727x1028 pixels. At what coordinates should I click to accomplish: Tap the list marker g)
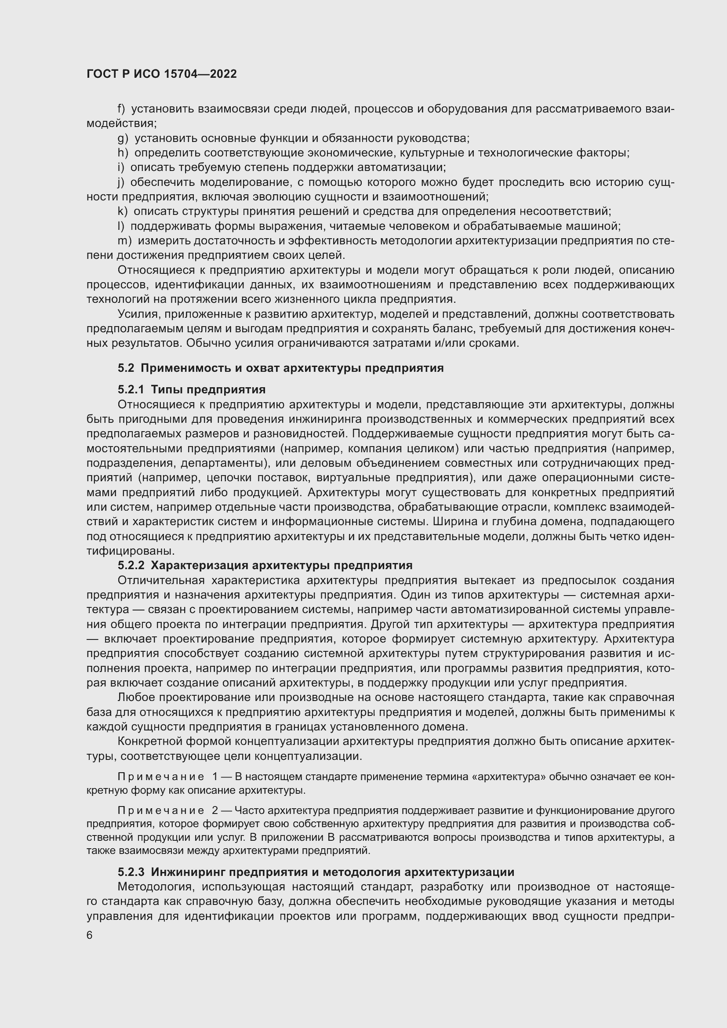point(123,138)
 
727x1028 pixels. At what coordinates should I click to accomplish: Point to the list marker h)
point(123,153)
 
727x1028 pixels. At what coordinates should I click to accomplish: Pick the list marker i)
point(120,167)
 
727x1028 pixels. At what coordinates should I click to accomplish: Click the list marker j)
point(120,182)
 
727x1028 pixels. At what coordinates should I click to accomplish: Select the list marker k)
point(122,211)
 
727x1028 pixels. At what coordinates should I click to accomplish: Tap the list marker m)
point(124,241)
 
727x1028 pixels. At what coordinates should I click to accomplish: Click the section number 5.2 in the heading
point(126,368)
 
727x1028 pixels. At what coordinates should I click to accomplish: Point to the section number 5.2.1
point(131,389)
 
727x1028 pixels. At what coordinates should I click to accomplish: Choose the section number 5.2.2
point(131,566)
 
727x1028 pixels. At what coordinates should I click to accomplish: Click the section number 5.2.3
point(131,872)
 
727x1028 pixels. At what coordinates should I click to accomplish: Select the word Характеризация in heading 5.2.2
point(198,566)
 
